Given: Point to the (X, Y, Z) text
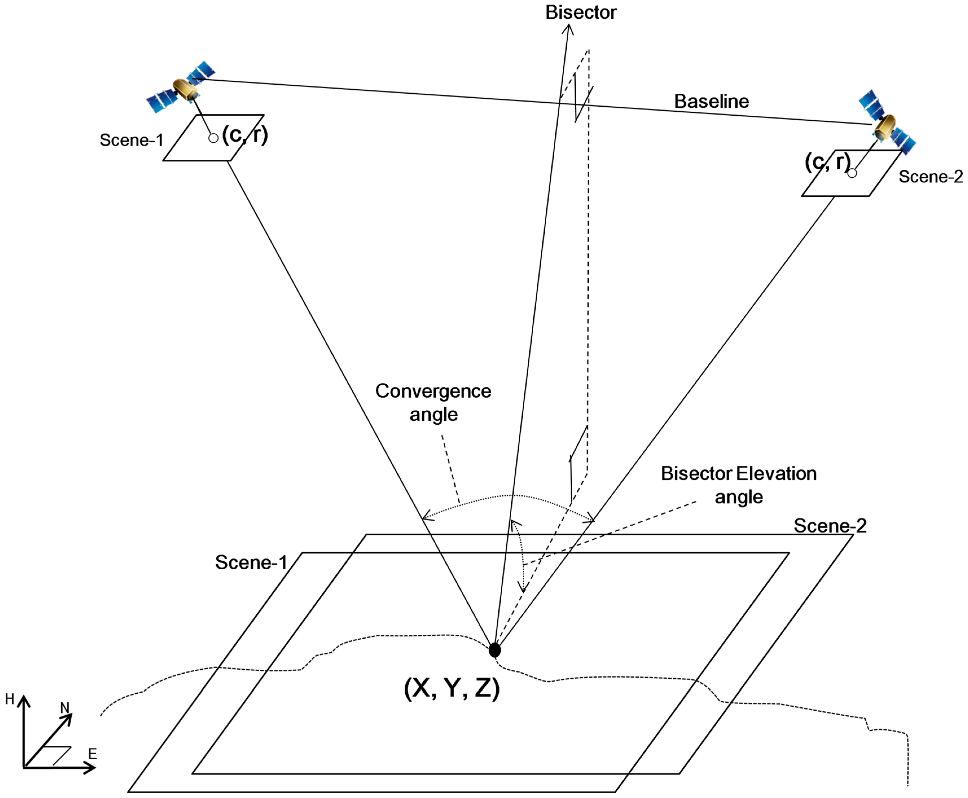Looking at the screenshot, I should [452, 688].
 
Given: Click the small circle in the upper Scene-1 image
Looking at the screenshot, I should [213, 138].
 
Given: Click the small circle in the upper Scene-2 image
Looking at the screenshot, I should [852, 173].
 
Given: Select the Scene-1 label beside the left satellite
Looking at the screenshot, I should [131, 140].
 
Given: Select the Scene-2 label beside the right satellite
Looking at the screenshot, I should [930, 177].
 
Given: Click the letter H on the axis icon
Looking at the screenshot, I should [10, 699].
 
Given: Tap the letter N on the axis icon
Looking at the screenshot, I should [65, 707].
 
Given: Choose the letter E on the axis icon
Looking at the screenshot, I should [93, 754].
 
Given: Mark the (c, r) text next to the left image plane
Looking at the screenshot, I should [245, 135].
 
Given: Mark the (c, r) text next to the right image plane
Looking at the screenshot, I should [827, 162].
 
